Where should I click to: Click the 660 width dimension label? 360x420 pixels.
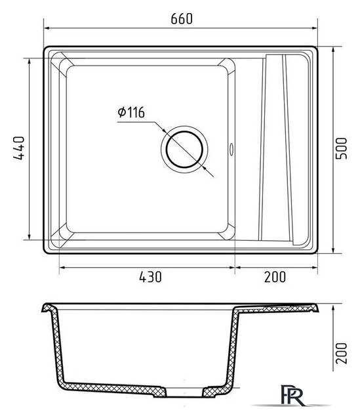click(x=182, y=19)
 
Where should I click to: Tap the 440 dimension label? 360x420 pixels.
click(x=19, y=148)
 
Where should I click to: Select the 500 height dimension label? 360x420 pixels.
click(x=341, y=148)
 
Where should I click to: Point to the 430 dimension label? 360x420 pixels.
click(x=150, y=277)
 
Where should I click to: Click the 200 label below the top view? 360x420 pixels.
click(x=275, y=277)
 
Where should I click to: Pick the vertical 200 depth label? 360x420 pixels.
click(x=341, y=353)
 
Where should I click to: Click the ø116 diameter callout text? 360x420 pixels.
click(x=131, y=112)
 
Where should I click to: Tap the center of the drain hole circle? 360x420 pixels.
click(x=184, y=150)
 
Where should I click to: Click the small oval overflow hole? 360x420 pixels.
click(x=231, y=149)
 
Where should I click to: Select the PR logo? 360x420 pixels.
click(x=293, y=395)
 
